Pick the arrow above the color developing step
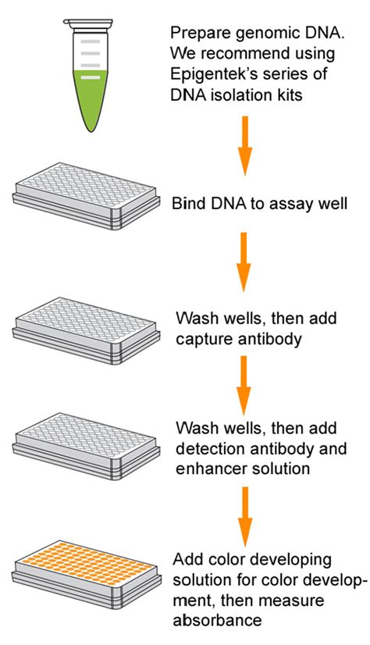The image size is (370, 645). pyautogui.click(x=244, y=515)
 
